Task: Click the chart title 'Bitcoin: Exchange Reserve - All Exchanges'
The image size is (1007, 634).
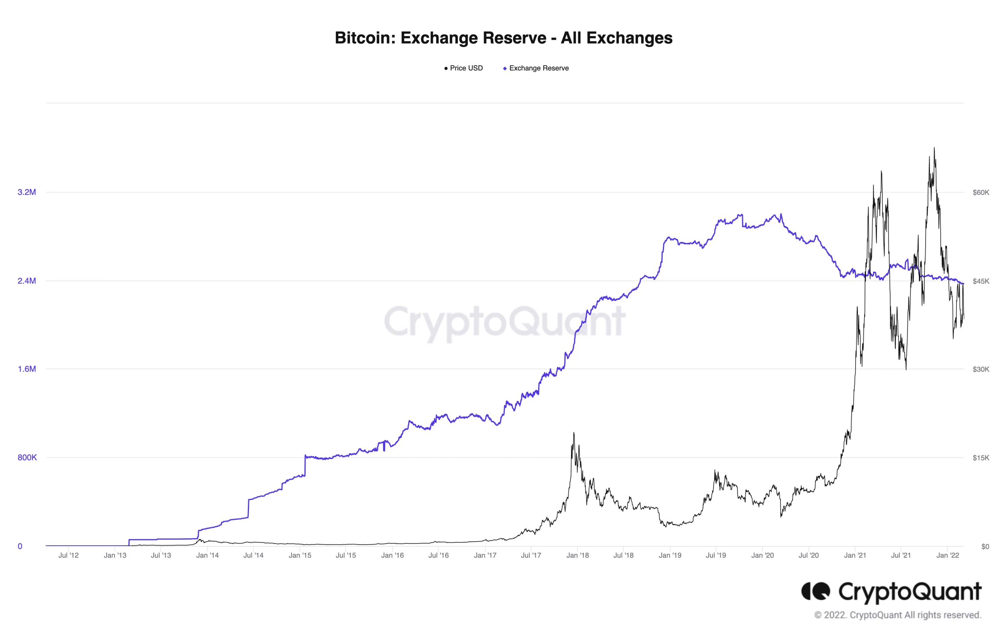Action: coord(503,38)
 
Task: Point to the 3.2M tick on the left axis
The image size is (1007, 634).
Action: coord(27,192)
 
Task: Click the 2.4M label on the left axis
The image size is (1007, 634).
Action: coord(27,280)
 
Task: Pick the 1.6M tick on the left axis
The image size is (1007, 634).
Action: coord(27,369)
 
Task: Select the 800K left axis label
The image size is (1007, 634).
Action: coord(27,457)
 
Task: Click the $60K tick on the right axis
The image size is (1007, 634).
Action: coord(980,192)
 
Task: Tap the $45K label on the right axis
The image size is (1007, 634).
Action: coord(980,281)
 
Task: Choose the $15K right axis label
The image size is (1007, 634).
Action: coord(980,457)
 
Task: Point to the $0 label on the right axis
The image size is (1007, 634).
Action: coord(985,546)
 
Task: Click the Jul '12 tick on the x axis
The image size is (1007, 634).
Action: coord(68,555)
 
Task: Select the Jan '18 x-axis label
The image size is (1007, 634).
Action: coord(577,555)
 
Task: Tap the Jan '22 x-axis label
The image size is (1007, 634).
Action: coord(947,555)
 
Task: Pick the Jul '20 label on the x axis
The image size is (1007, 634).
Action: coord(808,555)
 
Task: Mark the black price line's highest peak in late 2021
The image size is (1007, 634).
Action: coord(934,148)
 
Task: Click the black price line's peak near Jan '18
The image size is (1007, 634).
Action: coord(574,434)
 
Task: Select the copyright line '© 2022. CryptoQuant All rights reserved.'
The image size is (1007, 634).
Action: coord(897,615)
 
